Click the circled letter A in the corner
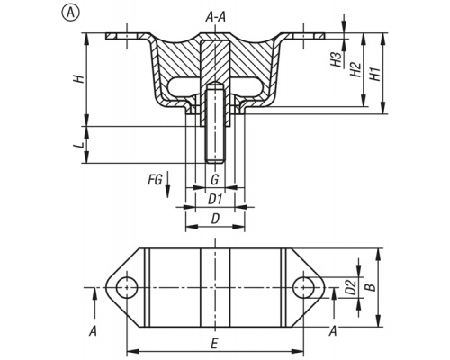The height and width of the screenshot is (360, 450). pyautogui.click(x=71, y=13)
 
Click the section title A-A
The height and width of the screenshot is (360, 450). pyautogui.click(x=215, y=17)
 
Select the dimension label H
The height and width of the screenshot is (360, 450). pyautogui.click(x=79, y=79)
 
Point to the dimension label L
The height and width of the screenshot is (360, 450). pyautogui.click(x=78, y=146)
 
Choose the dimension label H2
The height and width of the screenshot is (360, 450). pyautogui.click(x=356, y=70)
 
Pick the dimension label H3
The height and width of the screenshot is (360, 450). pyautogui.click(x=337, y=59)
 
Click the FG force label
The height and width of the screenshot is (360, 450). pyautogui.click(x=155, y=180)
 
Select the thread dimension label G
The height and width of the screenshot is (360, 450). pyautogui.click(x=214, y=180)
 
